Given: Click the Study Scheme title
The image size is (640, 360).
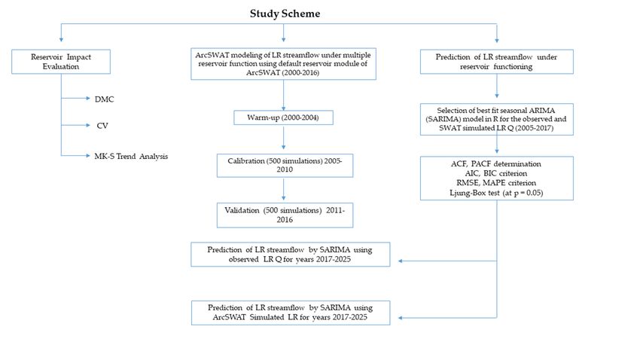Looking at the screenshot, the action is click(x=285, y=14).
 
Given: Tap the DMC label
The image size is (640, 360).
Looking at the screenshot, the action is click(x=104, y=99).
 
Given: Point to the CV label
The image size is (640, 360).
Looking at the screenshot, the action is click(x=102, y=126).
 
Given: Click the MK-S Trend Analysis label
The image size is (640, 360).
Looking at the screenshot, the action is click(x=131, y=157).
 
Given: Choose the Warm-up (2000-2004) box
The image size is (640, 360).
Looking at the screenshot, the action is click(x=283, y=117).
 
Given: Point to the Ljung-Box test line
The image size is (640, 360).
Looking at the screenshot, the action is click(x=496, y=193).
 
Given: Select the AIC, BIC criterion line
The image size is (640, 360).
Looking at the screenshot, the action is click(x=496, y=173).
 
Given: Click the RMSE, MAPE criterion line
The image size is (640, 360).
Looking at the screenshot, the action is click(x=496, y=183).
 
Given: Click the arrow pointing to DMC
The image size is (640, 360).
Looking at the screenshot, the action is click(x=75, y=99).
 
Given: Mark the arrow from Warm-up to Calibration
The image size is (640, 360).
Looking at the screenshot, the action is click(x=284, y=138).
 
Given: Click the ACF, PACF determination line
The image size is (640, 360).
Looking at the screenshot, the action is click(x=496, y=163).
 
